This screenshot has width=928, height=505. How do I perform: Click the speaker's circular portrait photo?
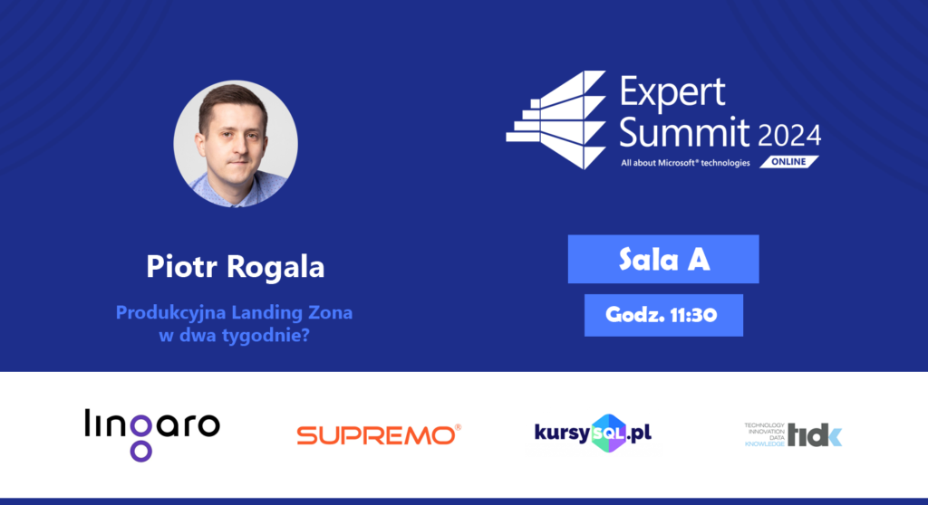(x=236, y=144)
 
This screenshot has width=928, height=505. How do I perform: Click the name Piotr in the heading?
(x=180, y=266)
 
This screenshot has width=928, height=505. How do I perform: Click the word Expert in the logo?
(x=672, y=93)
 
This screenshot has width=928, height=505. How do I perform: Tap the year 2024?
(x=789, y=136)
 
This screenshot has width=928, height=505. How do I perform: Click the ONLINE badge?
(x=789, y=161)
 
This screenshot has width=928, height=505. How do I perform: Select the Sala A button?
(x=663, y=259)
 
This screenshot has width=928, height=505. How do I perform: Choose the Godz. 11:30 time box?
(x=663, y=315)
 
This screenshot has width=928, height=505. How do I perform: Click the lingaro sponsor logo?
(x=152, y=434)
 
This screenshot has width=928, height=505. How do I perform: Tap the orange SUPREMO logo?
(x=379, y=435)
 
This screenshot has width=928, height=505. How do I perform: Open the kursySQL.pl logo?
(x=593, y=434)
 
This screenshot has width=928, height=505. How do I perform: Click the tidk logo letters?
(x=815, y=435)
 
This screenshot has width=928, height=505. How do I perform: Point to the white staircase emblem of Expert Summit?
(x=556, y=120)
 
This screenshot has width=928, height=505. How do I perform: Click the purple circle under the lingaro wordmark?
(x=140, y=452)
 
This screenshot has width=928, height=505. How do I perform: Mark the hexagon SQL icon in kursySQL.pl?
(x=608, y=434)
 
